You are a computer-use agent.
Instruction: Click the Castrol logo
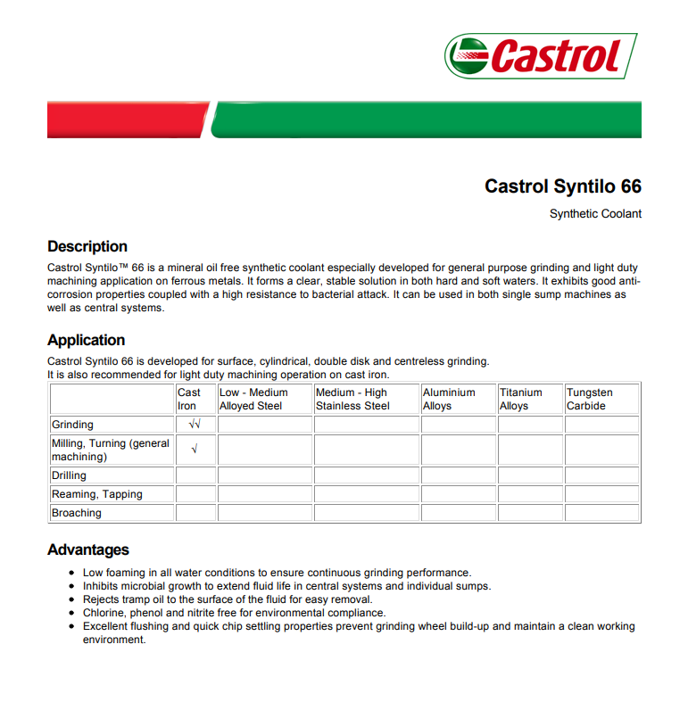point(541,56)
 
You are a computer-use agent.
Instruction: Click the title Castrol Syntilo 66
point(562,186)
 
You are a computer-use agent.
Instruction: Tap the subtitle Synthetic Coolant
point(595,214)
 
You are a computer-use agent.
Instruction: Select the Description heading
point(87,246)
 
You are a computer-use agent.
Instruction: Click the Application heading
point(86,340)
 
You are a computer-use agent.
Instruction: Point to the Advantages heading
point(88,549)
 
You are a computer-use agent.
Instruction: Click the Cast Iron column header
point(189,399)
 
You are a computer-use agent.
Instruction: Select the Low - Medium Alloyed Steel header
point(253,399)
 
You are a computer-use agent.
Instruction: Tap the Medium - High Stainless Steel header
point(352,399)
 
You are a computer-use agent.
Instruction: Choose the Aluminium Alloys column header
point(449,399)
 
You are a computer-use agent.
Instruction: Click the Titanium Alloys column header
point(521,399)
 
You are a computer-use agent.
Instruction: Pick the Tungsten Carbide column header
point(590,399)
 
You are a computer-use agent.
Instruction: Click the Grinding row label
point(72,425)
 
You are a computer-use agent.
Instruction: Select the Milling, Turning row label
point(110,450)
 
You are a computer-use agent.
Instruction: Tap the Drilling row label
point(70,475)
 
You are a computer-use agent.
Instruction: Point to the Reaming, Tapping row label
point(96,494)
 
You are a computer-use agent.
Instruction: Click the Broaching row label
point(77,513)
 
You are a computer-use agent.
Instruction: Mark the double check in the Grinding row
point(195,425)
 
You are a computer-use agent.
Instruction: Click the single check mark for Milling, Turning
point(195,450)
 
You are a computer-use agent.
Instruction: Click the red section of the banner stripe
point(125,120)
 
